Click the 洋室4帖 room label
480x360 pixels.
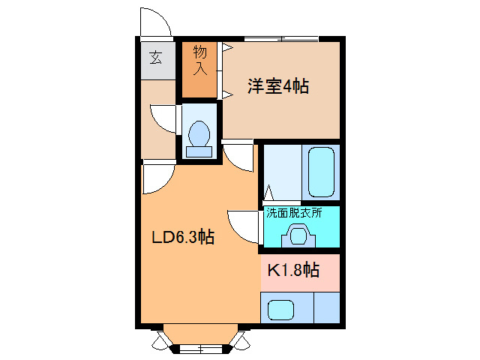point(278,86)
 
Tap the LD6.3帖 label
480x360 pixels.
point(183,237)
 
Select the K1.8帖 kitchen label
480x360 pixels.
point(293,270)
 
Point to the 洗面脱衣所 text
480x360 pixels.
point(294,212)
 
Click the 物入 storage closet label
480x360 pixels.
point(200,60)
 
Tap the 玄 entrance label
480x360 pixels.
point(156,58)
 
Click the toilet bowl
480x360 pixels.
point(199,133)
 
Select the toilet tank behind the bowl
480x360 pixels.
point(199,151)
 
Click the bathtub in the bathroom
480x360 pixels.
point(321,172)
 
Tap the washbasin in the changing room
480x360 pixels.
point(298,235)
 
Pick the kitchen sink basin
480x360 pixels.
point(280,310)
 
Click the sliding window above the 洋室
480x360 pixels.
point(281,39)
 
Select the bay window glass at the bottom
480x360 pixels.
point(200,348)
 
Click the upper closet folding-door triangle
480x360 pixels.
point(228,48)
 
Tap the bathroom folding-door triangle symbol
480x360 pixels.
point(268,193)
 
